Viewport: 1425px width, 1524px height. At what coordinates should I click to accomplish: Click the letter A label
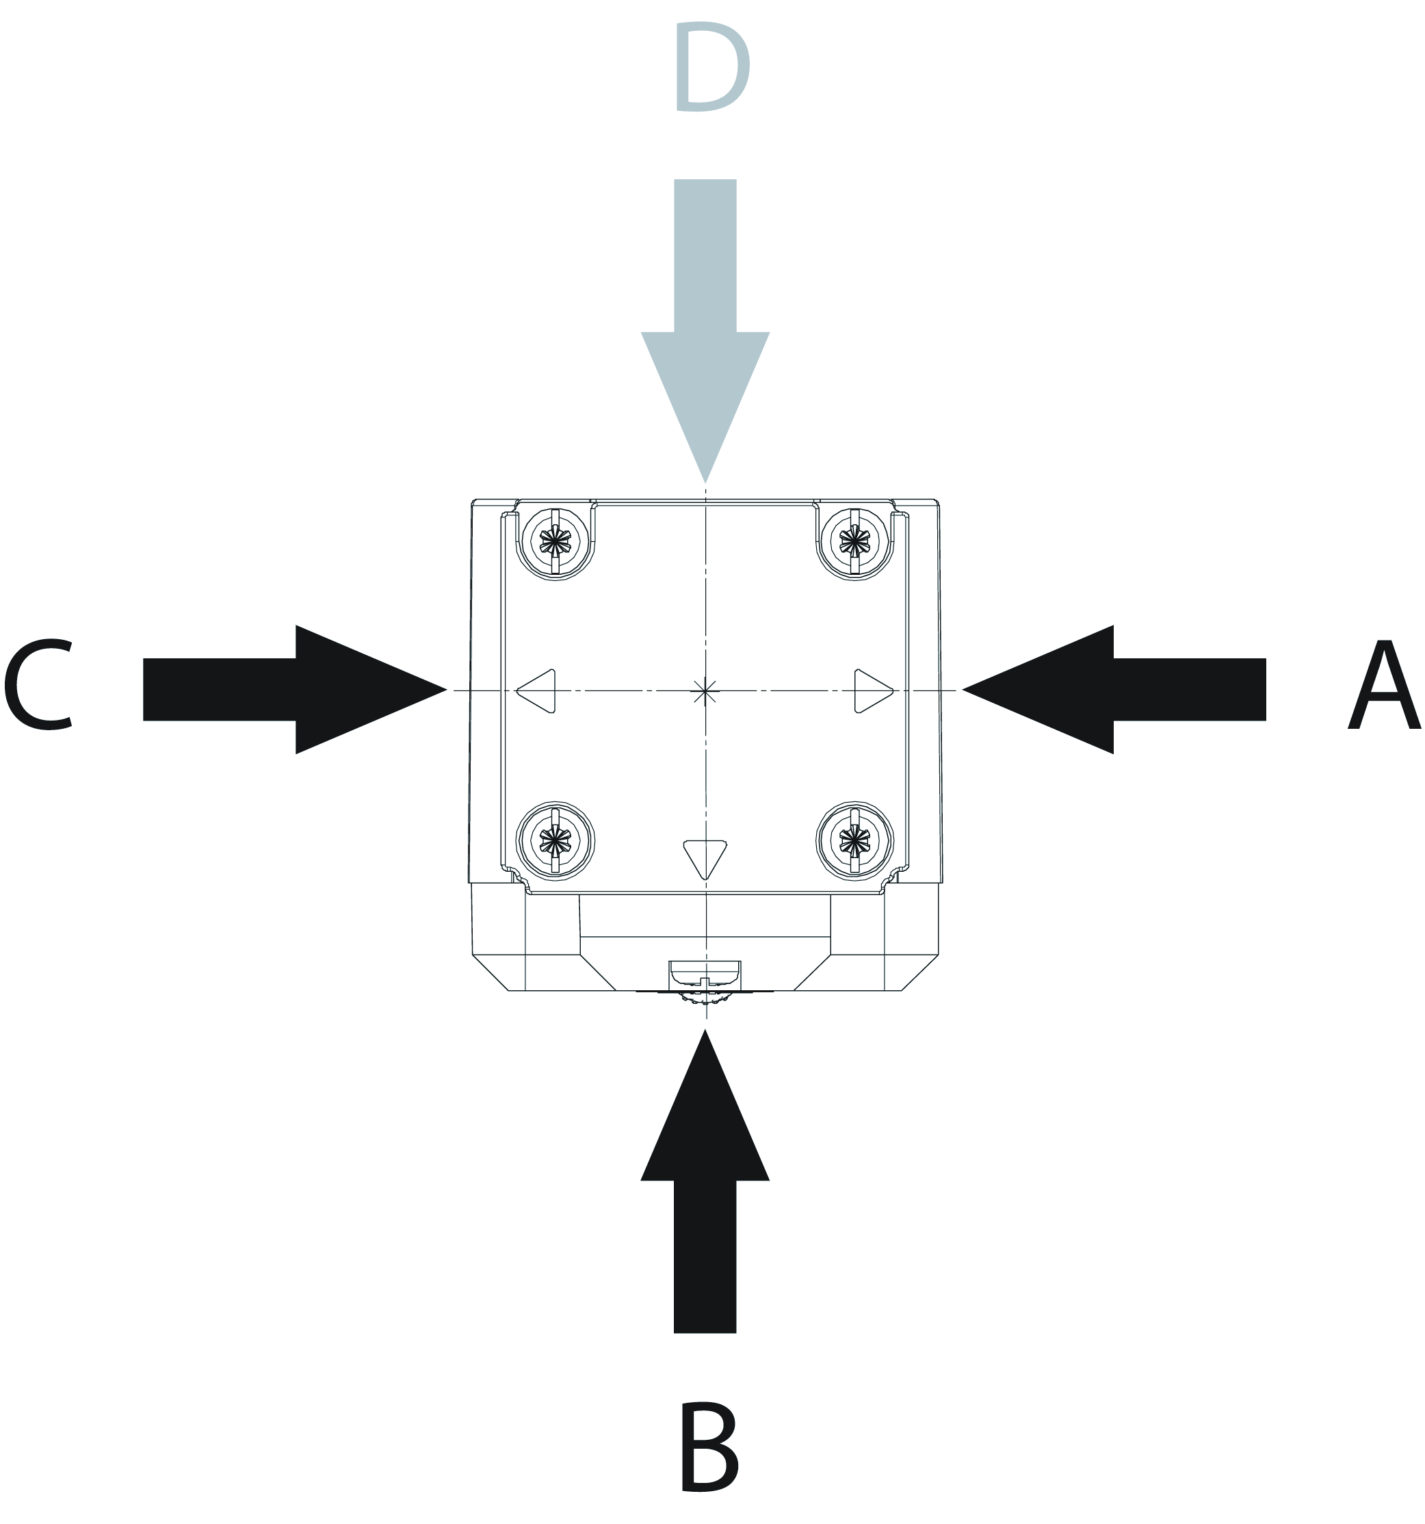[1385, 686]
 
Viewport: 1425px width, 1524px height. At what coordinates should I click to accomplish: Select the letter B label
[708, 1447]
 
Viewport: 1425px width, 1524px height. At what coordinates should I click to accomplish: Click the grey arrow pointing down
[705, 307]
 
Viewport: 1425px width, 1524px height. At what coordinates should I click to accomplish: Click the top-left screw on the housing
[555, 542]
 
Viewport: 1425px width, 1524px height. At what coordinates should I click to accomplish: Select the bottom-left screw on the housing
[555, 841]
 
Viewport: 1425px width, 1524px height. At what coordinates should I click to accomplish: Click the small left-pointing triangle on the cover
[538, 690]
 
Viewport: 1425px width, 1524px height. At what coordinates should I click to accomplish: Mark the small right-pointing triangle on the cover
[872, 690]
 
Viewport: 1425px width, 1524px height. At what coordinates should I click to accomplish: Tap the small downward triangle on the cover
[705, 857]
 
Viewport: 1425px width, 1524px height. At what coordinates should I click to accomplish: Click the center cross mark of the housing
[705, 690]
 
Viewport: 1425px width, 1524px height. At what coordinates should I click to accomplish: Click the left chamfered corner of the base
[491, 972]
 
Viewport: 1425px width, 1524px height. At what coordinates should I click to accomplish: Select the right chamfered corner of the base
[919, 972]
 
